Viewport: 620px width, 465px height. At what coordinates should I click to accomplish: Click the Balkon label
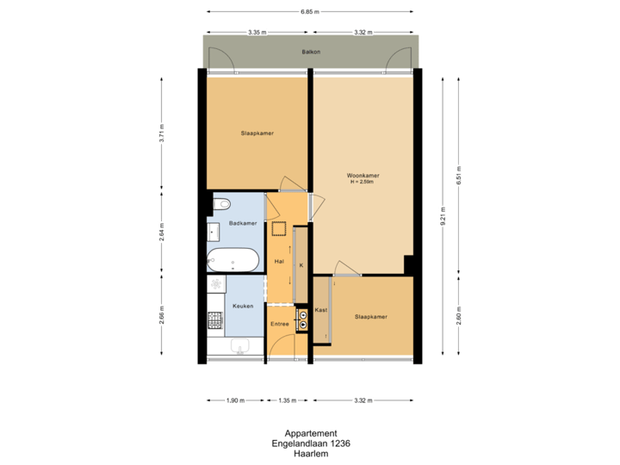coord(311,52)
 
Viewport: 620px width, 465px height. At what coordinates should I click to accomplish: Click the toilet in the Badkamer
coord(224,204)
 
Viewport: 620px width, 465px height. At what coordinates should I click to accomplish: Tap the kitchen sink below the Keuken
coord(240,346)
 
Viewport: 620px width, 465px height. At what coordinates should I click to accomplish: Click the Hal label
coord(278,260)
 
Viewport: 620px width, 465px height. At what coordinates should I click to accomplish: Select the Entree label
coord(280,324)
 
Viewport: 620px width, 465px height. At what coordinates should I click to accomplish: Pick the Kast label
coord(320,308)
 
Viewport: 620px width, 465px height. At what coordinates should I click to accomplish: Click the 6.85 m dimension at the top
coord(311,12)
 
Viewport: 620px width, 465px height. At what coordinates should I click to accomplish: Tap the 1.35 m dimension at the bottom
coord(288,400)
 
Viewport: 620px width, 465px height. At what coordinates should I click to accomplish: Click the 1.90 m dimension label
coord(234,400)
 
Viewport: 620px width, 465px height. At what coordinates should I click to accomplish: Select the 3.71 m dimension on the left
coord(162,133)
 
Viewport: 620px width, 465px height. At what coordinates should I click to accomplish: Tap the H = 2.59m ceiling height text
coord(365,183)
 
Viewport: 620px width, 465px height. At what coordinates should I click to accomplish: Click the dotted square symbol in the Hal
coord(279,229)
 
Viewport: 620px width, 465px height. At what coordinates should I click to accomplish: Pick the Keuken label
coord(240,306)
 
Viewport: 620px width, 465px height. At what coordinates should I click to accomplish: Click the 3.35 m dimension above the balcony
coord(257,32)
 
